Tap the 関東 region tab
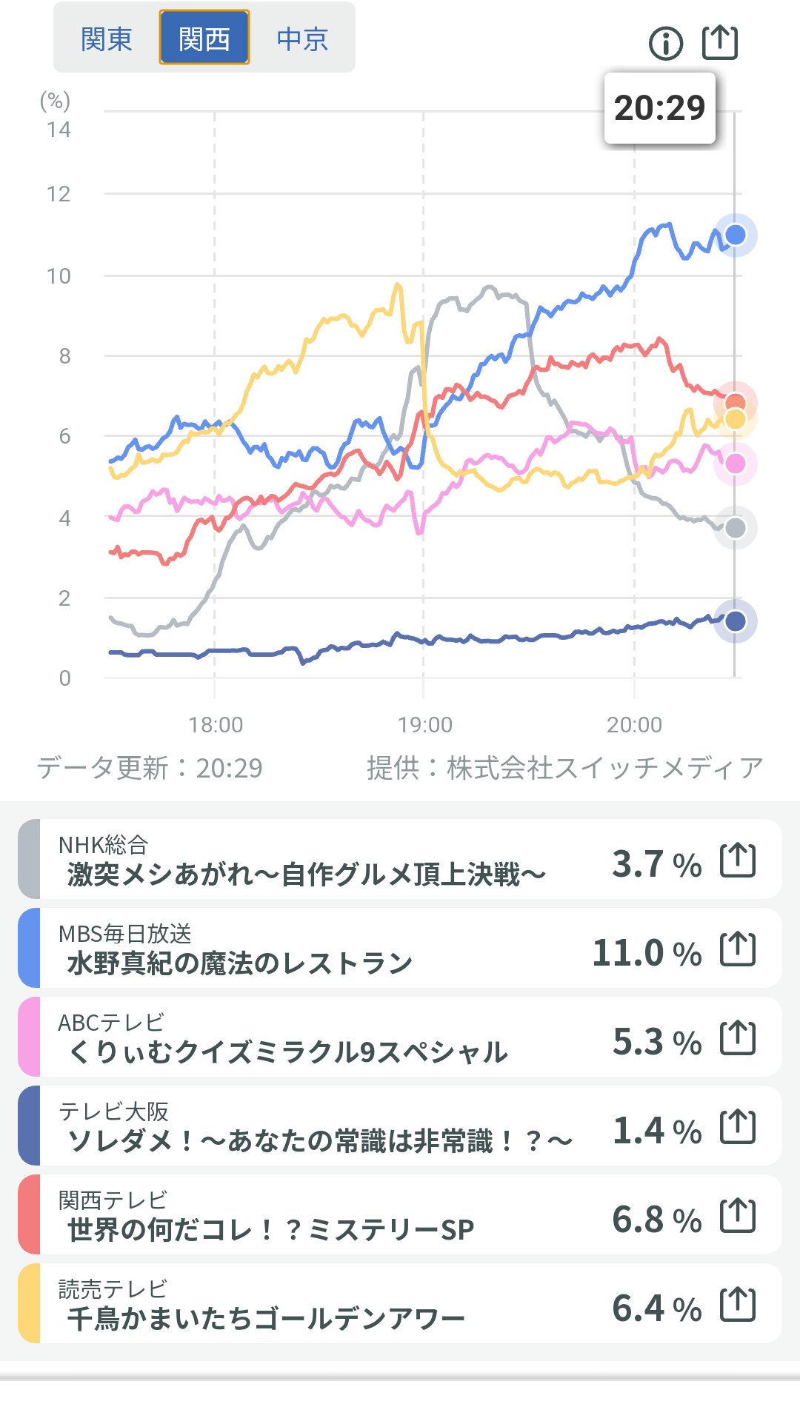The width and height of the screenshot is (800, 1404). point(106,39)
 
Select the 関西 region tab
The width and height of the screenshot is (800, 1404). point(204,38)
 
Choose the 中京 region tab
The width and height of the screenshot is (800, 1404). point(302,39)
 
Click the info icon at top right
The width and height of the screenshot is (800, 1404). point(665,44)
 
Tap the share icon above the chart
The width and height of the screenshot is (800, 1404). point(720,42)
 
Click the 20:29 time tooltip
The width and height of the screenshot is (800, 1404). point(659,108)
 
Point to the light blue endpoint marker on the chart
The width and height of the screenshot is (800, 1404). point(736,235)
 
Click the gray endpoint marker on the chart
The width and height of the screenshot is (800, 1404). point(736,528)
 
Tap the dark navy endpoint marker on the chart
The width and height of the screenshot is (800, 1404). point(736,621)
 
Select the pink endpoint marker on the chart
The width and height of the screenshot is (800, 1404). point(736,464)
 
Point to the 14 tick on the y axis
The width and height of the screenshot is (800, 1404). point(59,130)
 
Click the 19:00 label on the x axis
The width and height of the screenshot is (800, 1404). point(424,724)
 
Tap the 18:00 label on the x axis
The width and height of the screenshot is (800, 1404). point(216,724)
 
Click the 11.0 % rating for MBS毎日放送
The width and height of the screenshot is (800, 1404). point(647,953)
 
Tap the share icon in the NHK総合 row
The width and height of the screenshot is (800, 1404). point(738,860)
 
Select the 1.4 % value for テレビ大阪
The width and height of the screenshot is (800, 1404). point(656,1131)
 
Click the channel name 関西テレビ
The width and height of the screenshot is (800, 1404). point(113,1200)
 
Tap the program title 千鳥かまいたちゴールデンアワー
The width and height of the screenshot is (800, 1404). point(266,1318)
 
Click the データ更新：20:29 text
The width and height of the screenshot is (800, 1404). point(150,768)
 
